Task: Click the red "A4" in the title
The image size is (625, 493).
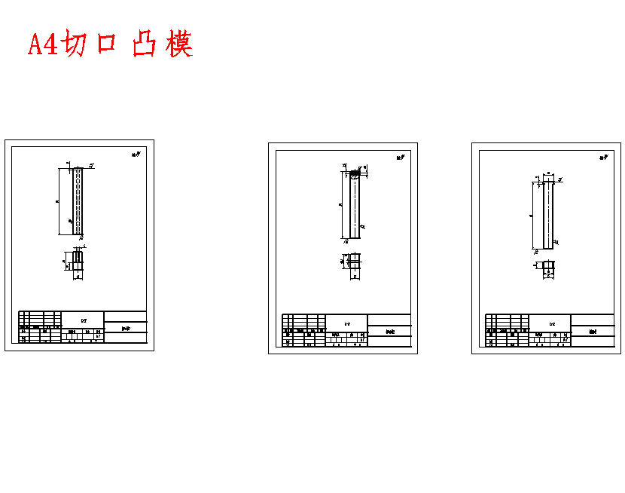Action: (42, 44)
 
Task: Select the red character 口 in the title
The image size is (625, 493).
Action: (106, 44)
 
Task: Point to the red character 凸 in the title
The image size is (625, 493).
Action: (144, 44)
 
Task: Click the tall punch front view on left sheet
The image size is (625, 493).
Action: (77, 201)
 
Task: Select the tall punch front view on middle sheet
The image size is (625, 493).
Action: (355, 205)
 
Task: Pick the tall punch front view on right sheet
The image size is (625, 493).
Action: (547, 216)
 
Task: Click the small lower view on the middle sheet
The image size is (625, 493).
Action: (355, 261)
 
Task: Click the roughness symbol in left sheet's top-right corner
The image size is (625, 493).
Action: (136, 155)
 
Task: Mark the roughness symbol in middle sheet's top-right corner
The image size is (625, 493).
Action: (401, 158)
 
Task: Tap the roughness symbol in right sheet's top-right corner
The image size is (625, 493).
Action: (604, 158)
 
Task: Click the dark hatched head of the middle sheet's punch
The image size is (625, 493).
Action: (355, 174)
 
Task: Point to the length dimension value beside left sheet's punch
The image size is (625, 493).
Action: (58, 201)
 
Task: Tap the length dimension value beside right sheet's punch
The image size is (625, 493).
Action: (532, 216)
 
